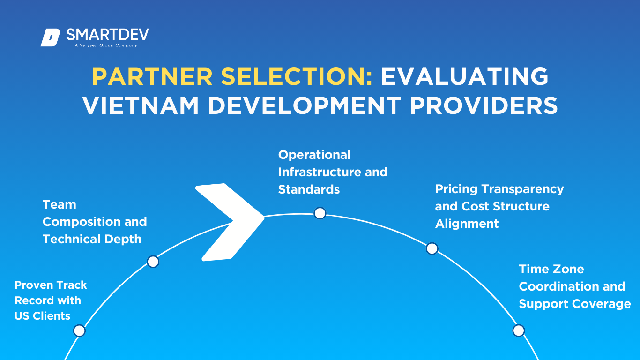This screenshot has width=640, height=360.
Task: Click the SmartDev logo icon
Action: click(x=50, y=37)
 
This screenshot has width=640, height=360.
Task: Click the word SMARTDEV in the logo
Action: click(x=107, y=35)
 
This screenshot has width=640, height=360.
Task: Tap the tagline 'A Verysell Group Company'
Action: click(x=106, y=45)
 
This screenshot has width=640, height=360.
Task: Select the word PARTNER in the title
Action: click(x=152, y=76)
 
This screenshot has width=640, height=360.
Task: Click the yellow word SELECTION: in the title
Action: click(x=297, y=76)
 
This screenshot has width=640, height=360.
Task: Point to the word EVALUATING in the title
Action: click(x=465, y=76)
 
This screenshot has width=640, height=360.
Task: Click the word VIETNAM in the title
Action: click(x=141, y=105)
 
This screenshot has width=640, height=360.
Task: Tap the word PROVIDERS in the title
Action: click(x=484, y=105)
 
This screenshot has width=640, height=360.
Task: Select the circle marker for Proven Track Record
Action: click(x=79, y=330)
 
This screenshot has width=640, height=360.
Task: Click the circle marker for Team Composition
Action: click(x=153, y=262)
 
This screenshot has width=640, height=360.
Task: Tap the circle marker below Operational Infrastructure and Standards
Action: click(x=320, y=213)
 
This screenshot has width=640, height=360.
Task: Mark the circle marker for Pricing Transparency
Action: click(x=432, y=248)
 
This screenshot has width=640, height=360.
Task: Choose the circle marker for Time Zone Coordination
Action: click(x=519, y=330)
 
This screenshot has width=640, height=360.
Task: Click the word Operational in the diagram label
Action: click(x=314, y=155)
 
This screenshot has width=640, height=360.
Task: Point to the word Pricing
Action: click(x=456, y=189)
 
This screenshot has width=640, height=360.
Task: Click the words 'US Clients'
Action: click(x=42, y=316)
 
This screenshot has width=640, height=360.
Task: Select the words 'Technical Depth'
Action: click(x=92, y=240)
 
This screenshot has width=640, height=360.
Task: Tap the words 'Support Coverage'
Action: click(x=575, y=304)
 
